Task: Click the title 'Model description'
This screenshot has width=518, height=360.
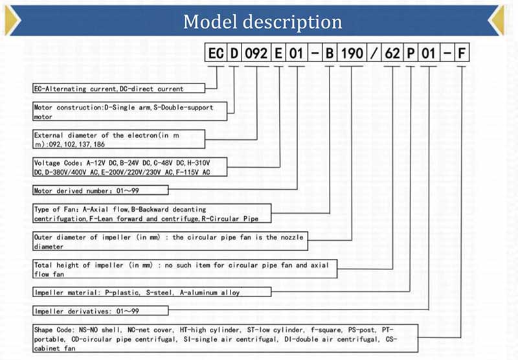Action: click(263, 22)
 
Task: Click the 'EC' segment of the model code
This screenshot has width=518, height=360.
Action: click(216, 53)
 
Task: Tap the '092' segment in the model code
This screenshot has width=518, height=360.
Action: click(256, 53)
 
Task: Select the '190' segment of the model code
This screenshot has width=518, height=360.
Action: click(352, 53)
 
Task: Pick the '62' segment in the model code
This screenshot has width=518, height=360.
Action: click(392, 53)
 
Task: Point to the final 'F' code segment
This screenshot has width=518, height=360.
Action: click(462, 53)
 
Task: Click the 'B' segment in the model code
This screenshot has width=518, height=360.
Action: click(330, 53)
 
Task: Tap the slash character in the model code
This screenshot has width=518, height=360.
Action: click(374, 53)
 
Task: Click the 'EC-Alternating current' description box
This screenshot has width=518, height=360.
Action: click(119, 89)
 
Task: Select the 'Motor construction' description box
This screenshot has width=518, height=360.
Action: click(130, 111)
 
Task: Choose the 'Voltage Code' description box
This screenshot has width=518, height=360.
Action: click(130, 167)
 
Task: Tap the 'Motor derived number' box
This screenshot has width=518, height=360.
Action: click(100, 190)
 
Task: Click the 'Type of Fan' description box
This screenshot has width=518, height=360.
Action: click(152, 214)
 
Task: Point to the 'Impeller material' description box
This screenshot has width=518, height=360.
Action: click(152, 292)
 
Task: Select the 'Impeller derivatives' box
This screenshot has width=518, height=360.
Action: click(100, 311)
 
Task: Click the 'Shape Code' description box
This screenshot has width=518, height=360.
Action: click(225, 339)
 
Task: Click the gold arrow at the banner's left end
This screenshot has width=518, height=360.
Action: click(12, 20)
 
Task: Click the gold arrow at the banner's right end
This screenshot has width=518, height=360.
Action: click(497, 20)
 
